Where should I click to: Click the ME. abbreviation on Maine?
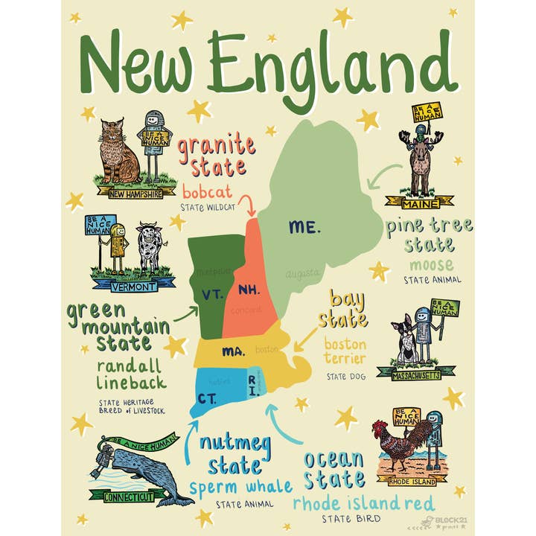tap(305, 228)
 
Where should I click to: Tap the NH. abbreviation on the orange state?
tap(247, 289)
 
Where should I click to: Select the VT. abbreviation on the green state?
tap(211, 294)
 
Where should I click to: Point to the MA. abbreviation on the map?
tap(233, 350)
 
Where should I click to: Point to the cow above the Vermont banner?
tap(148, 247)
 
